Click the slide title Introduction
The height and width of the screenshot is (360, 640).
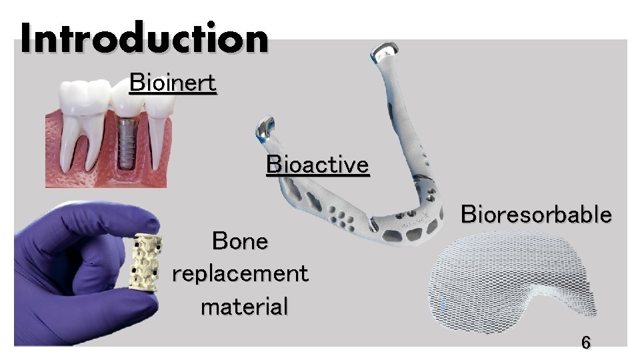pos(144,38)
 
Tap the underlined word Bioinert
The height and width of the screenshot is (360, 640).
pos(173,83)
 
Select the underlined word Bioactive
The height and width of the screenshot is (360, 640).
pos(317,164)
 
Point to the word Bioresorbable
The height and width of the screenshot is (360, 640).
pos(536,215)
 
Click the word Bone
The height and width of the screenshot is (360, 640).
pos(239,241)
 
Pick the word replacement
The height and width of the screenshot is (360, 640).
pos(239,273)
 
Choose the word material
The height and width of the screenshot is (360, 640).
pos(244,307)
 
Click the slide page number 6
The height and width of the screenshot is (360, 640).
pos(585,343)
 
